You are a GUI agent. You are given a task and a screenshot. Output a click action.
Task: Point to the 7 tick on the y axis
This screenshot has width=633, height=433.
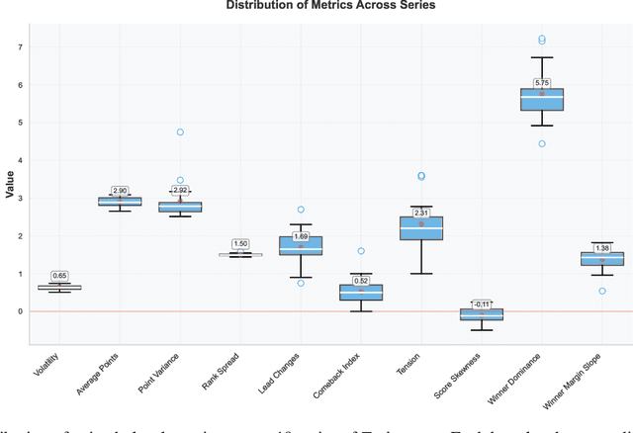coord(21,47)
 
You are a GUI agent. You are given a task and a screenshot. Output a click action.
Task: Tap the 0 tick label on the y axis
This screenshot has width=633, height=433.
coord(21,311)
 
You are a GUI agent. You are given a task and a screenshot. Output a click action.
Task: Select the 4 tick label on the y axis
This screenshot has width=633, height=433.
coord(21,160)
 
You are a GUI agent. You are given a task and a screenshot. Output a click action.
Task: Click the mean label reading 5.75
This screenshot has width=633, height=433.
coord(541,83)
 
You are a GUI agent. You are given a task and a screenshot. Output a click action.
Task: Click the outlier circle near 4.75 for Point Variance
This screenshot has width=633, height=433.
coord(180,131)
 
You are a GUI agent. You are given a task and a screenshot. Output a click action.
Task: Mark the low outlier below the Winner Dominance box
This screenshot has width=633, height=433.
coord(542,143)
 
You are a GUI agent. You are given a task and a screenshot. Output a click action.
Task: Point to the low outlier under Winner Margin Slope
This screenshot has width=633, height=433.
coord(601,291)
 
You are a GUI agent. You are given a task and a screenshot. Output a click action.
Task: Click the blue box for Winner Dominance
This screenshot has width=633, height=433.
coord(542,99)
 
